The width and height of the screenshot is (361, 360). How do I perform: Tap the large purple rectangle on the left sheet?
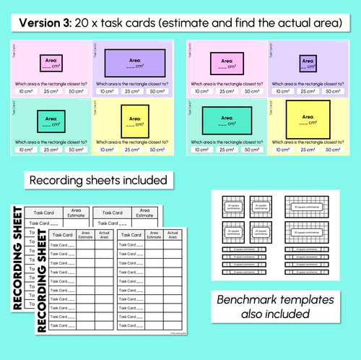point(134,63)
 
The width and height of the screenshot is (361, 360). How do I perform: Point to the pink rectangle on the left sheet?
point(51,64)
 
